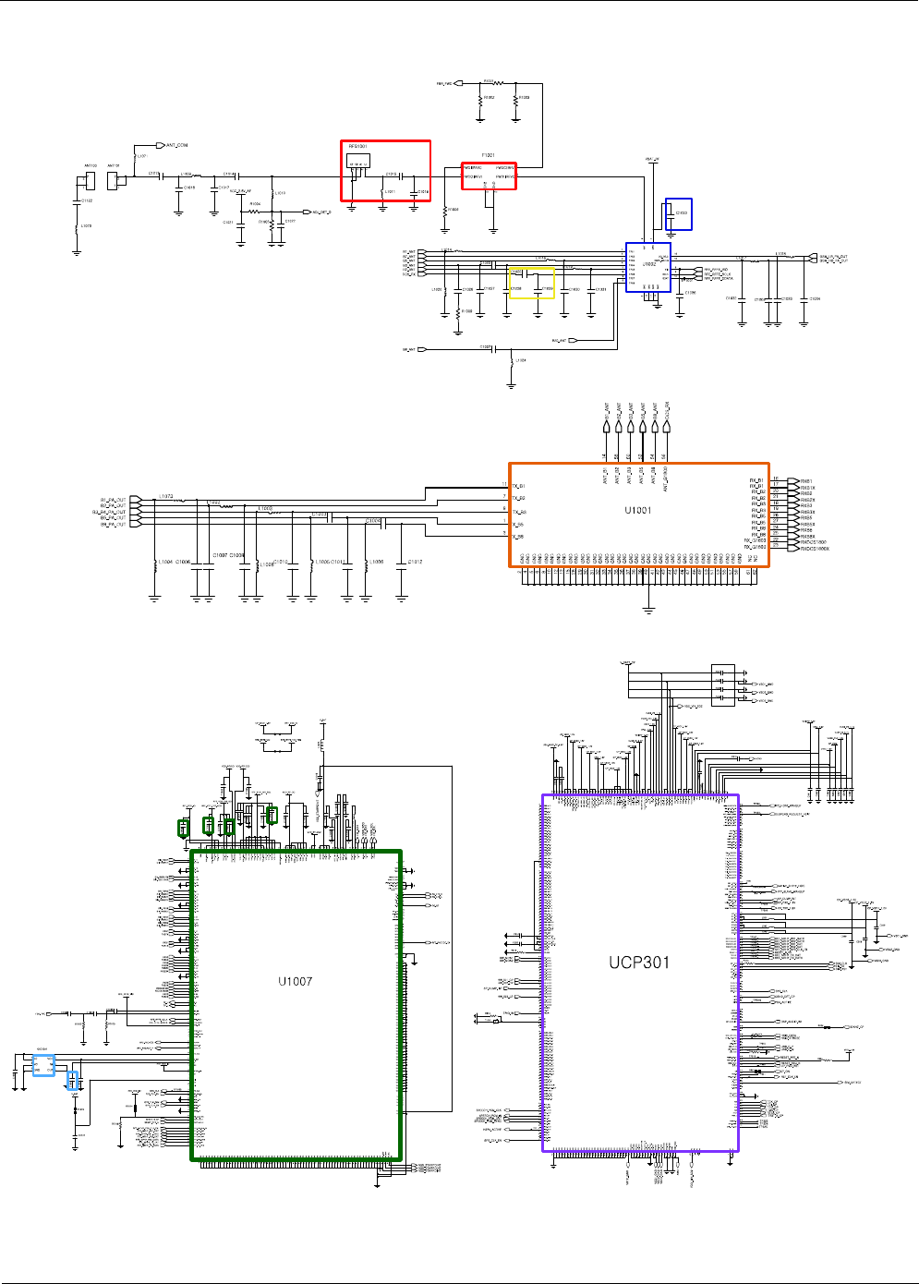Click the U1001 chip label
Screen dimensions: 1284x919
tap(637, 510)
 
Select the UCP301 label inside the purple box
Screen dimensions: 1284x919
tap(639, 963)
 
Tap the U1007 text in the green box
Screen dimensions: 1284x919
tap(296, 981)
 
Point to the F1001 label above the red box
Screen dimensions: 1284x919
tap(488, 155)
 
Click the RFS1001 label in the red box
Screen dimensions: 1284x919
tap(357, 147)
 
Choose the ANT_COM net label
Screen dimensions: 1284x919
tap(176, 145)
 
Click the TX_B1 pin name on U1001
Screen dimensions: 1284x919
tap(519, 486)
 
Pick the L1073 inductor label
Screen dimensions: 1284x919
tap(165, 496)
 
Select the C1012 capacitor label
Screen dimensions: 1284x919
tap(415, 562)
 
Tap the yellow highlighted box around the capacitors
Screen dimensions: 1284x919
tap(533, 284)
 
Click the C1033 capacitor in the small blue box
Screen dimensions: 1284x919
tap(680, 213)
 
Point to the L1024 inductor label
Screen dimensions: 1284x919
tap(521, 360)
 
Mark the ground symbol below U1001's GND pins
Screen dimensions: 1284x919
tap(648, 610)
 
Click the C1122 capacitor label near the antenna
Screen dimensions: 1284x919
tap(87, 200)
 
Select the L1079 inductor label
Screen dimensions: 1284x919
tap(86, 225)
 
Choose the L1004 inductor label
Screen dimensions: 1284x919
tap(164, 562)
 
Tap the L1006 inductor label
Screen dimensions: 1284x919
tap(376, 562)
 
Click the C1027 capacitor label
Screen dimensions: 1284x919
tap(485, 346)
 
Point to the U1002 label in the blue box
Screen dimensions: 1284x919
tap(649, 264)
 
